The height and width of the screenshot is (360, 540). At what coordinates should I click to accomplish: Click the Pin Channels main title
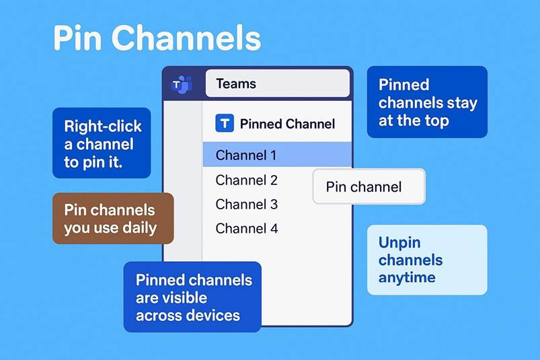(157, 38)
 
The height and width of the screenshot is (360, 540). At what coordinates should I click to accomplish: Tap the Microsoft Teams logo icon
(182, 84)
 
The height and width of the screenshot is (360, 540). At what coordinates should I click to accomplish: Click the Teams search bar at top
(278, 83)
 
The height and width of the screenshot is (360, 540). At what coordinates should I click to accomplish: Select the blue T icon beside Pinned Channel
(225, 123)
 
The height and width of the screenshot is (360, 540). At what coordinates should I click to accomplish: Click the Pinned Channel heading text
(287, 124)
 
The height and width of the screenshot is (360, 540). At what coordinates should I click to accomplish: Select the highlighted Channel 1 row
(277, 155)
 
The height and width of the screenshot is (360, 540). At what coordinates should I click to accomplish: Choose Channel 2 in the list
(246, 180)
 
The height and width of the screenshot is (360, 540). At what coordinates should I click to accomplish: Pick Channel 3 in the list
(246, 205)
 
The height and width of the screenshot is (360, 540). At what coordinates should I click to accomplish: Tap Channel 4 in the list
(246, 228)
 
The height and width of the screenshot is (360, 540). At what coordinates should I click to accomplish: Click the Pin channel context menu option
(369, 186)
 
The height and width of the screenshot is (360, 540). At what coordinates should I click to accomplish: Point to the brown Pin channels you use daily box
(113, 219)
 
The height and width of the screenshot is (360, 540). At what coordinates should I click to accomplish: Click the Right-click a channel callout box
(102, 143)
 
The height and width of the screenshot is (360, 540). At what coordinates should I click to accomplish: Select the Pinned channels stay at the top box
(427, 102)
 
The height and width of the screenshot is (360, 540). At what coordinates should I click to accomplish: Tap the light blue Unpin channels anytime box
(427, 260)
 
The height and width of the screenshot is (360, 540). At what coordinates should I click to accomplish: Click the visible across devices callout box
(192, 297)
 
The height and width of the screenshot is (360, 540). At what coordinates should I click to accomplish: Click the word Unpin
(399, 243)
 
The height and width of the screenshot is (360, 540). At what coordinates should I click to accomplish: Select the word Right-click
(103, 126)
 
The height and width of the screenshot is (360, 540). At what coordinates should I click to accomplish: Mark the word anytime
(407, 278)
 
